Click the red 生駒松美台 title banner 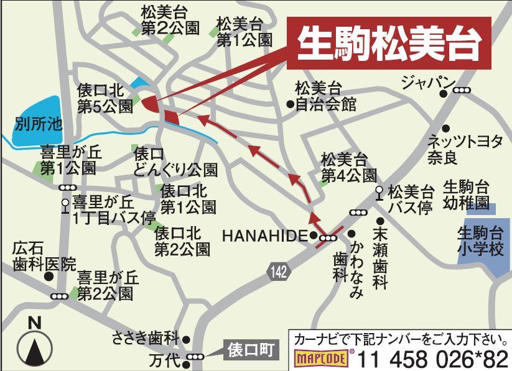[x=389, y=42]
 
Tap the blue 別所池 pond [x=37, y=122]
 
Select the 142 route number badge [x=279, y=270]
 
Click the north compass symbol [x=35, y=344]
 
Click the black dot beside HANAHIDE [x=314, y=235]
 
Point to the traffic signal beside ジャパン [x=462, y=91]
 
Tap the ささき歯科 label [x=145, y=339]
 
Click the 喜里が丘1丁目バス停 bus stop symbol [x=65, y=203]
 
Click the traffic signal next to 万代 [x=195, y=356]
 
